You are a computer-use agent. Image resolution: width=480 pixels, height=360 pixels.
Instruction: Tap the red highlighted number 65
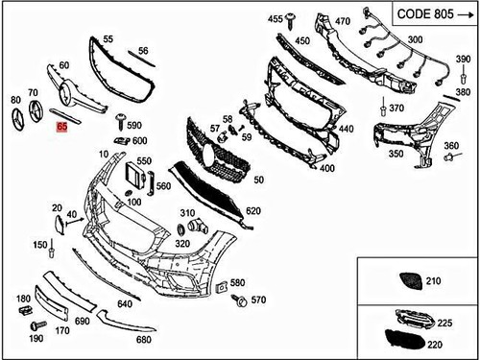(62, 126)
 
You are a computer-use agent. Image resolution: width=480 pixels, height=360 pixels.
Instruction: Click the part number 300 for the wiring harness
(415, 39)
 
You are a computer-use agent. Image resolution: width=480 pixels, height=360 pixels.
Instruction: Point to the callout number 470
(343, 20)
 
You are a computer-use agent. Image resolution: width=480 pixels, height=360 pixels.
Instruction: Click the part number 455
(276, 19)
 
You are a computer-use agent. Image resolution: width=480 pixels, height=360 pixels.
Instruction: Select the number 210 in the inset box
(432, 281)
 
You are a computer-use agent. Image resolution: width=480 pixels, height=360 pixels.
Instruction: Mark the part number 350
(396, 153)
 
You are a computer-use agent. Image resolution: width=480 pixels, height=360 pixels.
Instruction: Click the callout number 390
(463, 60)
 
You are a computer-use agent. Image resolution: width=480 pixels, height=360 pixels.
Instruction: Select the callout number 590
(134, 125)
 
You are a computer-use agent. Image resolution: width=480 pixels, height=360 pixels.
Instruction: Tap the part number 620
(253, 210)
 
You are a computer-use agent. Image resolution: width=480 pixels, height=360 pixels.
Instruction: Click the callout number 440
(346, 129)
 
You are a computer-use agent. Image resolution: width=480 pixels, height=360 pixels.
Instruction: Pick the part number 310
(187, 212)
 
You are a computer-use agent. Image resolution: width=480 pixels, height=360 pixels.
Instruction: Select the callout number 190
(36, 339)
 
